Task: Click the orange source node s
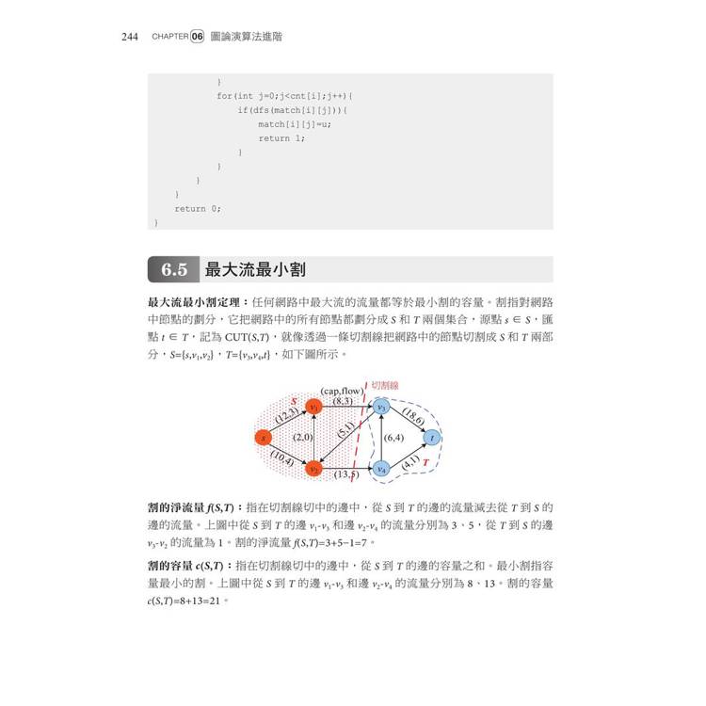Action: click(265, 437)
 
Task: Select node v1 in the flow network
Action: click(313, 407)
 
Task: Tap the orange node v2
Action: click(314, 467)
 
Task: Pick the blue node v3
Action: click(381, 407)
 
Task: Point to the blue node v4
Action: click(381, 468)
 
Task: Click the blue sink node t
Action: click(431, 437)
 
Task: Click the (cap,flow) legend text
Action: click(342, 390)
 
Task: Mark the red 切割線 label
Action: click(385, 385)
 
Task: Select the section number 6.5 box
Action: click(173, 270)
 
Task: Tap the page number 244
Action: click(130, 37)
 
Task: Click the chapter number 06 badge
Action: click(197, 37)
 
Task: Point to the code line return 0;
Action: click(197, 209)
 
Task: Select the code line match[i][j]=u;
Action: click(294, 124)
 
